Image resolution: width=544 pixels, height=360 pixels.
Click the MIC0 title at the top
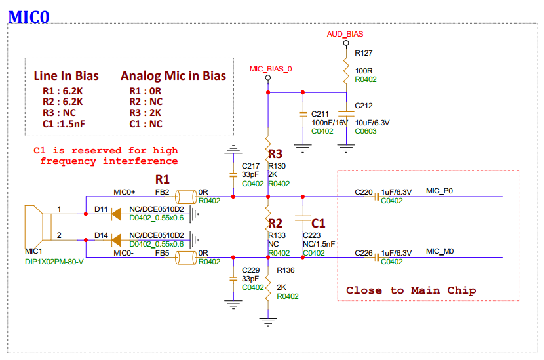(29, 17)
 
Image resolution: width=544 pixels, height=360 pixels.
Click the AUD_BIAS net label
(345, 33)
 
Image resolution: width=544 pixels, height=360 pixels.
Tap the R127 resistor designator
(364, 52)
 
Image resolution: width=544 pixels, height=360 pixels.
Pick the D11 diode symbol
(119, 213)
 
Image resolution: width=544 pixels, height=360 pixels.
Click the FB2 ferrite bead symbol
(186, 196)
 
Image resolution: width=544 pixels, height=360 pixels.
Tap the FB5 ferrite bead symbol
(186, 258)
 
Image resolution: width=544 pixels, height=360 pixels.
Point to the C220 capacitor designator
(364, 192)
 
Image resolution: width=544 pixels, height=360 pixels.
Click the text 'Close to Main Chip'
(411, 290)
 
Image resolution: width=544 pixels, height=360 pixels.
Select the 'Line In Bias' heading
(66, 76)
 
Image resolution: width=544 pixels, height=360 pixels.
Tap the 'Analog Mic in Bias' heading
(173, 76)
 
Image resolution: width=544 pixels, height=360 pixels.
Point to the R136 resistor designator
(286, 270)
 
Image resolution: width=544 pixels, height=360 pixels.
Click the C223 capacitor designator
(312, 234)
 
